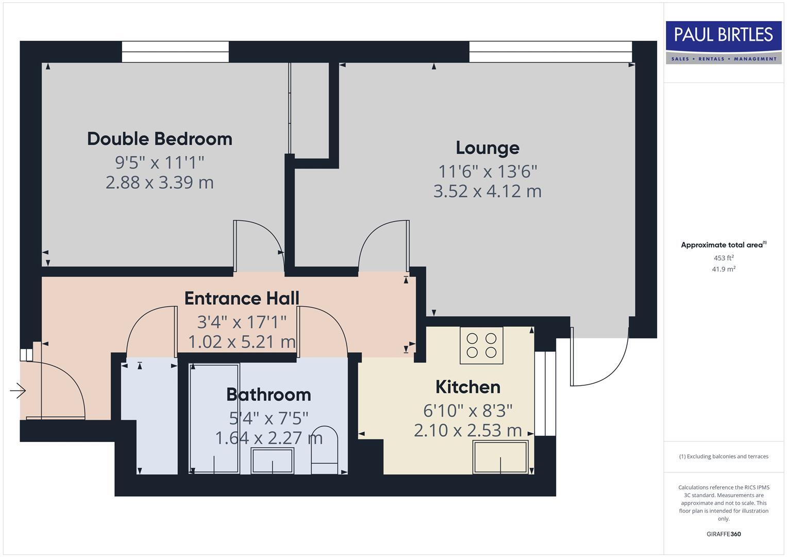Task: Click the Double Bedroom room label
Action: pos(159,139)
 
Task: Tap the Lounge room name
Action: pos(487,148)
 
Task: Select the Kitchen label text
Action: pos(467,387)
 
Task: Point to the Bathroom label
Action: pos(269,395)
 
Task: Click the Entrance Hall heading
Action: pos(242,298)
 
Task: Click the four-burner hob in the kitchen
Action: pos(481,346)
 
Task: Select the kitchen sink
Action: pos(500,457)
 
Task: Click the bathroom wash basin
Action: pos(272,461)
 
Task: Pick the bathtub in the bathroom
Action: pos(214,418)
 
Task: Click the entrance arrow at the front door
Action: pos(18,391)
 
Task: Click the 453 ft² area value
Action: pos(724,258)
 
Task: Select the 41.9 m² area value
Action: pos(724,269)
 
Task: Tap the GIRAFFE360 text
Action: pos(724,534)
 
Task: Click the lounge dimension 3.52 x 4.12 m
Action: pos(487,191)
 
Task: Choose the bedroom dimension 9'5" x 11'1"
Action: pos(159,162)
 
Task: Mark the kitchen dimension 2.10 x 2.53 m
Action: pos(467,430)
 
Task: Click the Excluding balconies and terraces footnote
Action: pos(724,456)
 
